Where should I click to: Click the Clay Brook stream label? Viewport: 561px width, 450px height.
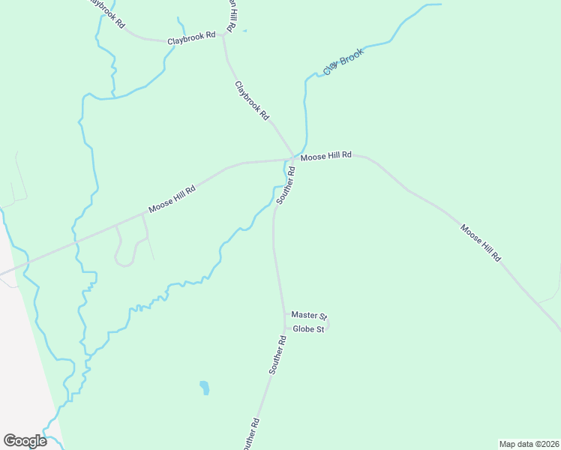coord(343,61)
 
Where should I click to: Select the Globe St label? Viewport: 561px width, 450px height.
coord(308,329)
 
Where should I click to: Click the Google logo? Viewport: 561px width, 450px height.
coord(25,441)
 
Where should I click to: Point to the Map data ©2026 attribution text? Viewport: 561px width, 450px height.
coord(529,443)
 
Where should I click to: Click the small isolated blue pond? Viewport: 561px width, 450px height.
coord(204,388)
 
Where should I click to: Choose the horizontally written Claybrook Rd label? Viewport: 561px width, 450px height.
coord(191,37)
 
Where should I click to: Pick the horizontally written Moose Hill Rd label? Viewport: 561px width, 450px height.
coord(325,156)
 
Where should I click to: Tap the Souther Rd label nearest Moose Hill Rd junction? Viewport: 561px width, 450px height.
coord(286,185)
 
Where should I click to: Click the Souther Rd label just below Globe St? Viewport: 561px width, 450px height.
coord(277,355)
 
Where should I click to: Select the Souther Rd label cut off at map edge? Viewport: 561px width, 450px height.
coord(250,435)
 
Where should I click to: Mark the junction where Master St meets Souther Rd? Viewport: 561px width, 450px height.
coord(284,316)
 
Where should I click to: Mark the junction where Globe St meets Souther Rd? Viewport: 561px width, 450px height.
coord(285,328)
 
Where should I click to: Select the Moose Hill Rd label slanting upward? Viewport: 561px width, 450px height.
coord(172,199)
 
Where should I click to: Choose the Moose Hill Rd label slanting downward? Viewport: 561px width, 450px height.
coord(481,243)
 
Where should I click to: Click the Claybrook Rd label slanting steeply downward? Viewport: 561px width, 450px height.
coord(251,100)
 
